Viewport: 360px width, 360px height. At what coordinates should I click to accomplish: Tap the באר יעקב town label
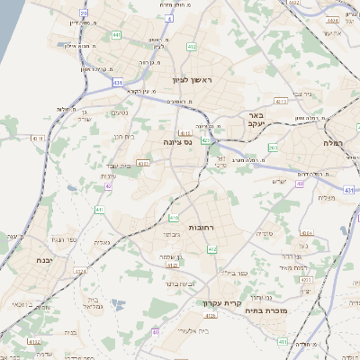(256, 121)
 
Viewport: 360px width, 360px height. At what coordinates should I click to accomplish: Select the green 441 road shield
(117, 35)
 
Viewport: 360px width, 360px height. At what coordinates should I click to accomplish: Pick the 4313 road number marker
(281, 102)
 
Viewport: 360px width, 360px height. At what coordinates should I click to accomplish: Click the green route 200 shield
(274, 147)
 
